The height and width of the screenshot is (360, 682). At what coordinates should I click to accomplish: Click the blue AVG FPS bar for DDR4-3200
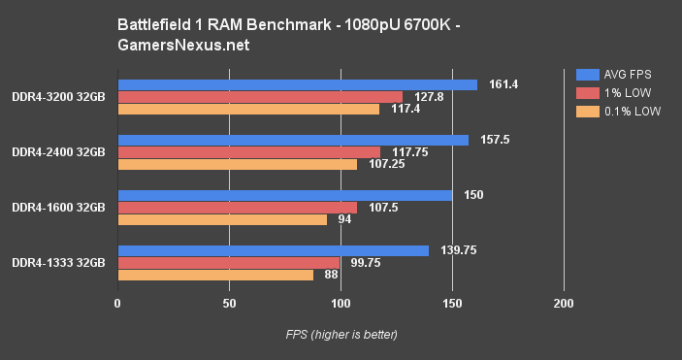[297, 84]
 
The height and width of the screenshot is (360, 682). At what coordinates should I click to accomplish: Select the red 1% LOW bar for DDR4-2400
[248, 152]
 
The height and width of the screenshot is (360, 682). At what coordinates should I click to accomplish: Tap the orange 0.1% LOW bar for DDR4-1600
[222, 219]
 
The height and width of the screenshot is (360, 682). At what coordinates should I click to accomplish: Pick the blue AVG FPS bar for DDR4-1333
[273, 251]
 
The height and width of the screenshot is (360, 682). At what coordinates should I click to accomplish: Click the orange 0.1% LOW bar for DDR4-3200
[248, 109]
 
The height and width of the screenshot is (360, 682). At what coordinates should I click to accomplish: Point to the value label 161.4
[501, 84]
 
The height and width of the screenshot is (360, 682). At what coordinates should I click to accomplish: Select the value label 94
[344, 219]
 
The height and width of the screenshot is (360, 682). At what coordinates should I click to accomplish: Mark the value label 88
[331, 275]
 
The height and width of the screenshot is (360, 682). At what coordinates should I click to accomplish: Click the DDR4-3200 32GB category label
[58, 96]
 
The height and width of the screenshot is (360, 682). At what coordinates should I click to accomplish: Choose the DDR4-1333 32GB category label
[58, 263]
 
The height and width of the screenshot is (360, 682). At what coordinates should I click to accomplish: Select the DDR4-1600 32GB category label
[58, 208]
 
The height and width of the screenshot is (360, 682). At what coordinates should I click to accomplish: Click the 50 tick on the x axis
[229, 304]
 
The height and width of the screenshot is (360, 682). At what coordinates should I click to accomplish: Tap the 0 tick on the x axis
[117, 304]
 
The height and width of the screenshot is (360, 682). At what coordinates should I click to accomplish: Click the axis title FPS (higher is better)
[341, 335]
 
